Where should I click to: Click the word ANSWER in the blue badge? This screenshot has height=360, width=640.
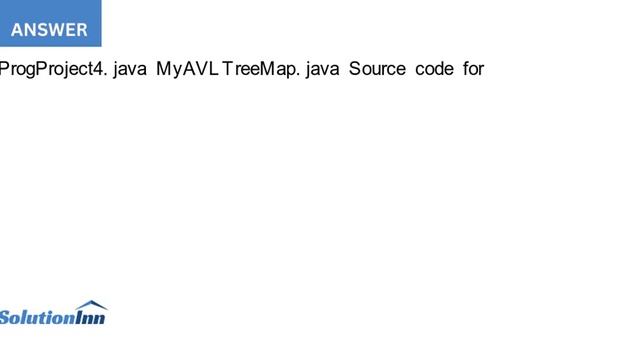coord(49,30)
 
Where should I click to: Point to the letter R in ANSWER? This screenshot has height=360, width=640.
coord(81,30)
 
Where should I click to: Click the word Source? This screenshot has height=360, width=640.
coord(377,70)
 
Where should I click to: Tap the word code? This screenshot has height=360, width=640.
coord(434,70)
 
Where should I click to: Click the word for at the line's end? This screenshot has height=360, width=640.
coord(473,70)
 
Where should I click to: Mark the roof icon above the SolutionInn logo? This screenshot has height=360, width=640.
coord(90,305)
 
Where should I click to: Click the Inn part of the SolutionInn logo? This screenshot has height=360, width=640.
coord(90,318)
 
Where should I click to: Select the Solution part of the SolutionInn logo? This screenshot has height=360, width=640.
coord(37,318)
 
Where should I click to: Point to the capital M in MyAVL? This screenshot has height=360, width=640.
coord(164,70)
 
